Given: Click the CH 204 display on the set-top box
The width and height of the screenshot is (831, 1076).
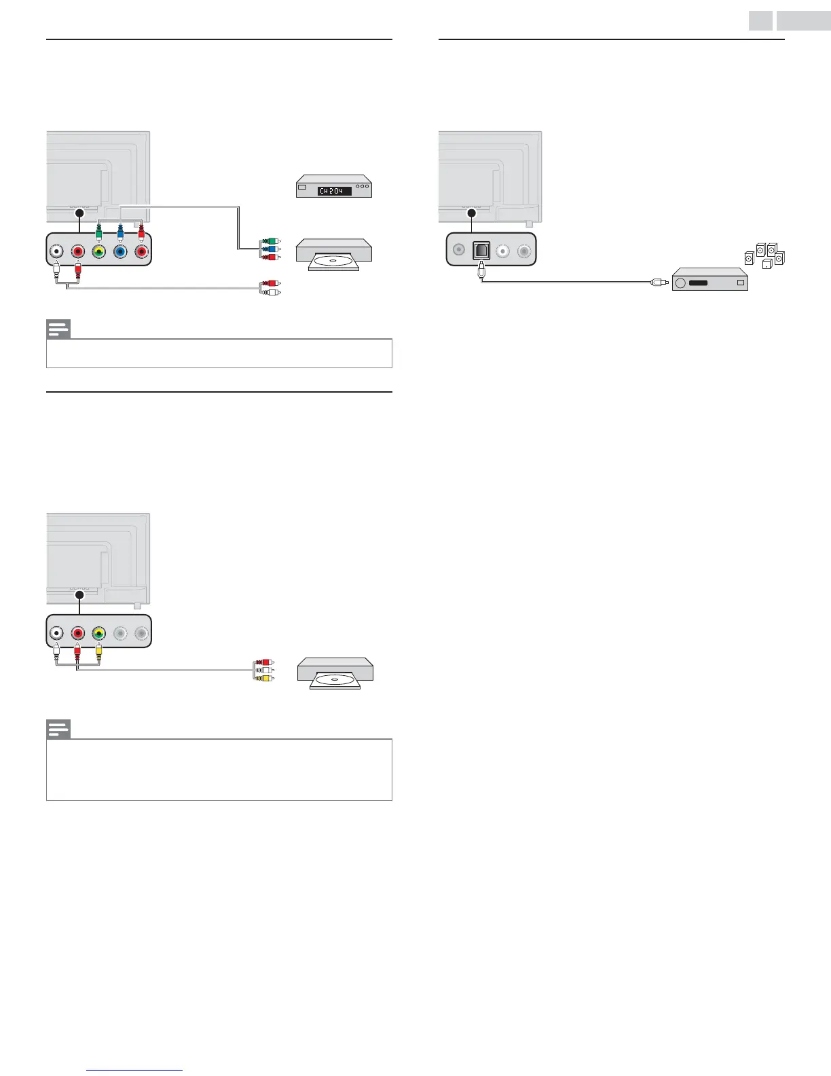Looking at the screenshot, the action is [x=335, y=191].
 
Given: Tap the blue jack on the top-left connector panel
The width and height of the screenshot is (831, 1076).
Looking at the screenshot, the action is [x=120, y=252].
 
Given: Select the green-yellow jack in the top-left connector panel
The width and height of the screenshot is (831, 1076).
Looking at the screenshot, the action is [x=99, y=252].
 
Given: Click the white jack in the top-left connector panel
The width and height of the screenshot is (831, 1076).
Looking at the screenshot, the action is [x=56, y=252].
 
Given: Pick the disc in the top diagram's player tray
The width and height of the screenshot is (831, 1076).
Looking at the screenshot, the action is [x=334, y=262].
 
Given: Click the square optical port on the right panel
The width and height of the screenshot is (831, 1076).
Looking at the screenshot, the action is [x=481, y=251].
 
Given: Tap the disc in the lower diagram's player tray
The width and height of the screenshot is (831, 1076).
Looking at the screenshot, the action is [x=335, y=681].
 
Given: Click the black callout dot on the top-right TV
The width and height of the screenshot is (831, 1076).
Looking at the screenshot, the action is [x=472, y=213].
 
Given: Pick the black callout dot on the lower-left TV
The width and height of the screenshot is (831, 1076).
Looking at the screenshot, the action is [x=79, y=594].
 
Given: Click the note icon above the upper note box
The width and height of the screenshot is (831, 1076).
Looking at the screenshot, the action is [x=58, y=329].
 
